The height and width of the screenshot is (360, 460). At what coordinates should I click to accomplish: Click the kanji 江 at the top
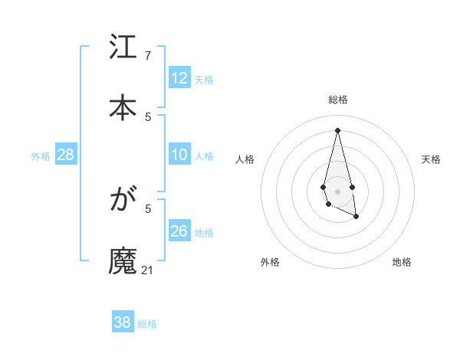click(123, 49)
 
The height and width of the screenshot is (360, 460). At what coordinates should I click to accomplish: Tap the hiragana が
click(123, 201)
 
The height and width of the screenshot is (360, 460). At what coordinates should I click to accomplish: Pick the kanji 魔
click(123, 260)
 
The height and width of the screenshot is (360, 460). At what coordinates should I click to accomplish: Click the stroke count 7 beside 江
click(148, 56)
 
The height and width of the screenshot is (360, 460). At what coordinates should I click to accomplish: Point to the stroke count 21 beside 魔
click(148, 270)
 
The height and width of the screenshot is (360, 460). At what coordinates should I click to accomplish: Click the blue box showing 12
click(179, 78)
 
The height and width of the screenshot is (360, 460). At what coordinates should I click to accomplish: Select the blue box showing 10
click(179, 155)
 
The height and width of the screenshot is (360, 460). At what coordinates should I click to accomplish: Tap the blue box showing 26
click(179, 231)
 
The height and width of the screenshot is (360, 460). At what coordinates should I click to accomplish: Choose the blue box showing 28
click(66, 155)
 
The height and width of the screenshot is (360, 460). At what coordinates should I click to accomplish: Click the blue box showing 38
click(123, 322)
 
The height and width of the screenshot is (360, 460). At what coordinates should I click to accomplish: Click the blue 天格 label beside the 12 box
click(204, 80)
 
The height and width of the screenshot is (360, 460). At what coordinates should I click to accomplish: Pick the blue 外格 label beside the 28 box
click(41, 156)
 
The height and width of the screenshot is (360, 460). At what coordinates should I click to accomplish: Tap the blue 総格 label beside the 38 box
click(147, 324)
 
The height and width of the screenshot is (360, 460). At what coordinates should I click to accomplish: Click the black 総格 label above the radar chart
click(338, 100)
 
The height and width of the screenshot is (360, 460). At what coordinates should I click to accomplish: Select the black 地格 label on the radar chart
click(402, 262)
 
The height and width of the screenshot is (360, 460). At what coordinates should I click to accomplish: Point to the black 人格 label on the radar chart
click(245, 159)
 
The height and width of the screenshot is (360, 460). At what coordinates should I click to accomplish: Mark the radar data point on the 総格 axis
click(337, 129)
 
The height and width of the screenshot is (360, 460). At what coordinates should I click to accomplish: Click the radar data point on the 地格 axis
click(356, 218)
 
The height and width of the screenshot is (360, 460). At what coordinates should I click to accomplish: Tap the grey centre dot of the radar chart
click(337, 191)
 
